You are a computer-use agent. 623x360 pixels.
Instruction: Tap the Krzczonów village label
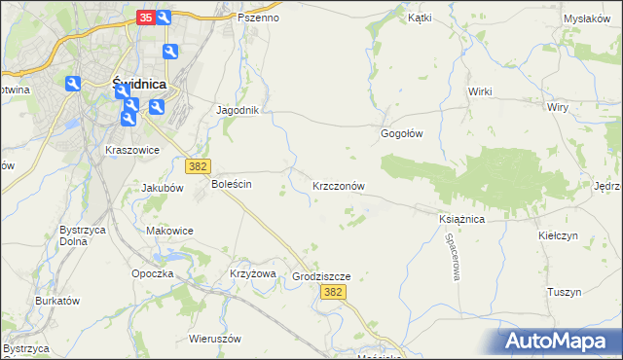tap(338, 185)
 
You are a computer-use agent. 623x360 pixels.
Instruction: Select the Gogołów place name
tap(401, 134)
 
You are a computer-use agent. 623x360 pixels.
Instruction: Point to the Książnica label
tap(461, 220)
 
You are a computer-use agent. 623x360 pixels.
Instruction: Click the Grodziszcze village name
tap(320, 277)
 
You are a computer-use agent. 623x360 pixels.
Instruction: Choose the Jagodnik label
tap(238, 110)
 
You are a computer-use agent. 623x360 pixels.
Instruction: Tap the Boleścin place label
tap(232, 184)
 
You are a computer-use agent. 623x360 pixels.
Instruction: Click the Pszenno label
tap(258, 18)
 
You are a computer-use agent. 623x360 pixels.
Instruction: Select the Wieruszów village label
tap(216, 340)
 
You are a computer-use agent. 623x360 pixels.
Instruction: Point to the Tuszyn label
tap(564, 292)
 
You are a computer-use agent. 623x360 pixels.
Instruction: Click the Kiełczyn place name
tap(558, 236)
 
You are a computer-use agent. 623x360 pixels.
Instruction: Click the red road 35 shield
tap(145, 17)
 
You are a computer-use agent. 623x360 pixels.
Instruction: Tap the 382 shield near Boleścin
tap(199, 167)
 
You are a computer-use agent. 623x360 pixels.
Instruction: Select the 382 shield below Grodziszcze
tap(334, 293)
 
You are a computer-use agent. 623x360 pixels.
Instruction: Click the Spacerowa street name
tap(453, 259)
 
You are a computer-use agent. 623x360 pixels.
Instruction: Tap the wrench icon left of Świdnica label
tap(73, 85)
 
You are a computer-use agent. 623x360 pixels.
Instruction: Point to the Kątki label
tap(420, 18)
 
